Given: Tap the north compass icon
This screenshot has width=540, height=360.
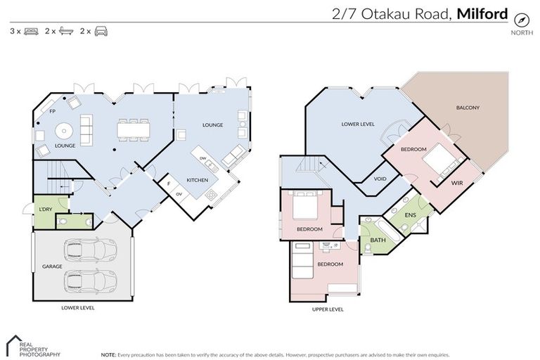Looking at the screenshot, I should click(521, 19).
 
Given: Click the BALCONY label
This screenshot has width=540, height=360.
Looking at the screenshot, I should click(468, 108).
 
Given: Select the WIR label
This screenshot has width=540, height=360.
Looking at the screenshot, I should click(456, 183).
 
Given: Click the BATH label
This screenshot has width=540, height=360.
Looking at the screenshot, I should click(377, 241).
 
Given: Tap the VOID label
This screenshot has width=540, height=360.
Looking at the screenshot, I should click(380, 179).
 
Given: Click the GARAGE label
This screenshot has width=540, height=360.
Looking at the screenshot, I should click(52, 266).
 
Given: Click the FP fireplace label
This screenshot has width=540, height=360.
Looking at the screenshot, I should click(52, 111).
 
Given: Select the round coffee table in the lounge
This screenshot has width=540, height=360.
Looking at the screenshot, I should click(64, 131).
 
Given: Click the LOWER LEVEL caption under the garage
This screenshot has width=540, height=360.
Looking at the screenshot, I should click(77, 308).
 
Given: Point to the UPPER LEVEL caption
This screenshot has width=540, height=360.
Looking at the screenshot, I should click(328, 309).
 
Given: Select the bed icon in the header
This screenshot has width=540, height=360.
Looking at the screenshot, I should click(31, 32).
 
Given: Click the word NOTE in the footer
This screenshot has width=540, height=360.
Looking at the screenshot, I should click(109, 354).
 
